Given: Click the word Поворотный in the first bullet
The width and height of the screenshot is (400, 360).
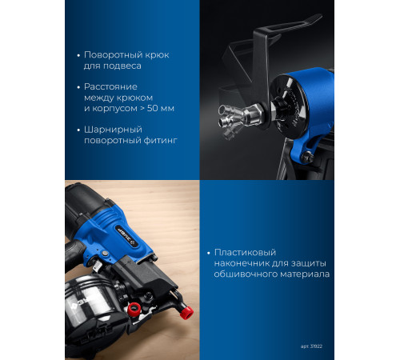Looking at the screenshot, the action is point(110,54).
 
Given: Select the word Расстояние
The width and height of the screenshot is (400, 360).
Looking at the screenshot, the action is point(110,86).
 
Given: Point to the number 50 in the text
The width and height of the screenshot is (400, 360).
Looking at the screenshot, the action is point(152,109).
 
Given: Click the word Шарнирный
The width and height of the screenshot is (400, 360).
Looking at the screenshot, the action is point(113,130).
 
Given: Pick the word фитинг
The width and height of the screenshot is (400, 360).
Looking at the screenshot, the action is point(161,141).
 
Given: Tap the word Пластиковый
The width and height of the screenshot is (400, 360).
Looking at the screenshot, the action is point(245,252).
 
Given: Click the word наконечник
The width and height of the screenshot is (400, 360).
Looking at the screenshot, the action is point(242,263).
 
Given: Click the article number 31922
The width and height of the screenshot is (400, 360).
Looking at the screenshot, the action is point(316,346).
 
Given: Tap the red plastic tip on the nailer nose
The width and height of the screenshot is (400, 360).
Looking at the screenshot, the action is point(186,312).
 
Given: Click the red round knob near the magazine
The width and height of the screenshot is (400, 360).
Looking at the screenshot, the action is point(134,309).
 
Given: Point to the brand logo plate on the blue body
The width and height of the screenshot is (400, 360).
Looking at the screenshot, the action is point(126,236).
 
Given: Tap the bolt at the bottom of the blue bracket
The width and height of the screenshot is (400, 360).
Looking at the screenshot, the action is point(307,157).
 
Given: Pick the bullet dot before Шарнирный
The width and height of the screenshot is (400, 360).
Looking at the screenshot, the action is point(78,130).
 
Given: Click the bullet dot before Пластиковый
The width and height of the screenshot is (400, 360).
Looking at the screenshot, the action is point(209,253).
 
